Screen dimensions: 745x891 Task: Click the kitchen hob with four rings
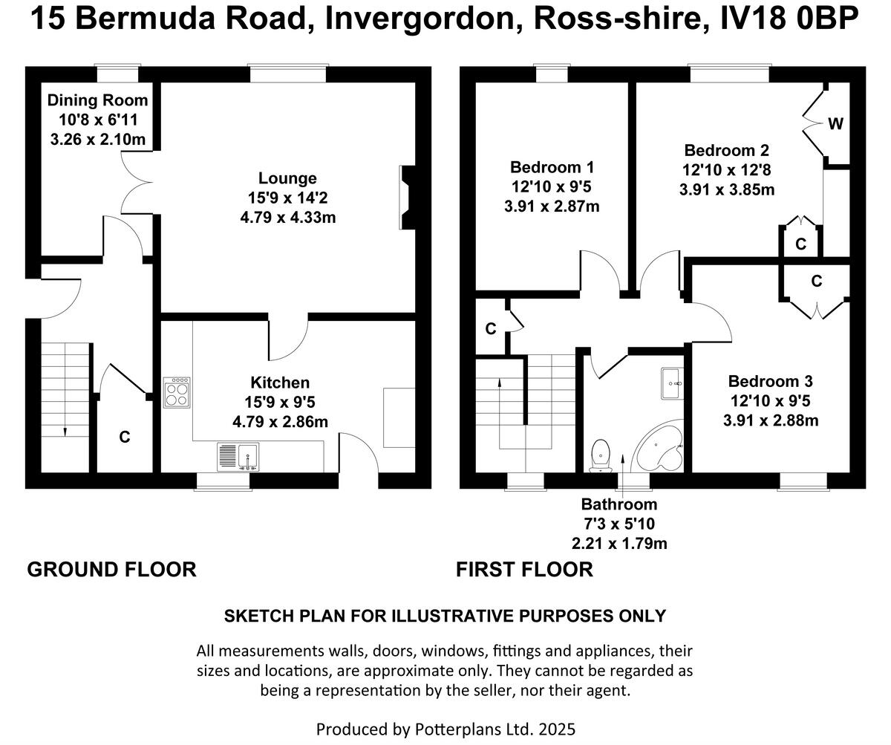tap(177, 392)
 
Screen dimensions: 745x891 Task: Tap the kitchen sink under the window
tap(237, 456)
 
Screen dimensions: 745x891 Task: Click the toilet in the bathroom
tap(600, 454)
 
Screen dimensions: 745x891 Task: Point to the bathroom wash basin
tap(672, 383)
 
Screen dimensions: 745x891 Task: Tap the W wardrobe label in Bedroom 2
tap(835, 124)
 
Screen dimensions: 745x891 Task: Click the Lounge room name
tap(287, 178)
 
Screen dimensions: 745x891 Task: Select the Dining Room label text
tap(97, 100)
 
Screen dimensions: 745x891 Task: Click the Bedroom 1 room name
tap(552, 167)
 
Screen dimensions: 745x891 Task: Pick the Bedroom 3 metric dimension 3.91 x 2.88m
tap(771, 420)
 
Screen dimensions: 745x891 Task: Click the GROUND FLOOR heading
tap(111, 570)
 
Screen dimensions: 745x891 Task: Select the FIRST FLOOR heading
tap(524, 570)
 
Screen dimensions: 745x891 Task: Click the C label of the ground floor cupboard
tap(125, 437)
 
